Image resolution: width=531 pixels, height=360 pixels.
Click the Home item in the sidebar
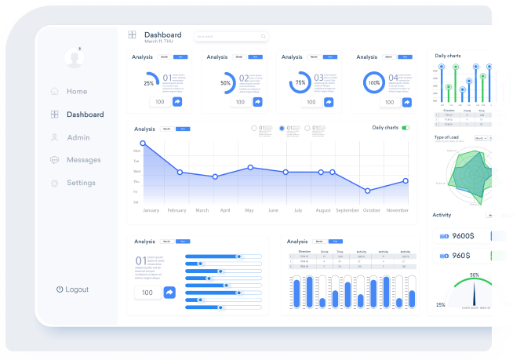click(x=76, y=92)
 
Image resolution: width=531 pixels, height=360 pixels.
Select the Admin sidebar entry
click(x=78, y=137)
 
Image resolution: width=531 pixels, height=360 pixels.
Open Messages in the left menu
click(x=83, y=160)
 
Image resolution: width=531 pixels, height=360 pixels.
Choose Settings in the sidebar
click(x=81, y=183)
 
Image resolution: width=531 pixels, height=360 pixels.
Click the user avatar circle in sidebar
click(x=75, y=57)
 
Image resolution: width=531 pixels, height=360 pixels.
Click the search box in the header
click(x=231, y=36)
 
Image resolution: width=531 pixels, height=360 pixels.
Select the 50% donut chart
click(x=227, y=82)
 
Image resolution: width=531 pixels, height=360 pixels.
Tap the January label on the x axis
click(x=151, y=210)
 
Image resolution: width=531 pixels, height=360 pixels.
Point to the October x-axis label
click(x=372, y=210)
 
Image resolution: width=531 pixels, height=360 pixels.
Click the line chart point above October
click(x=368, y=191)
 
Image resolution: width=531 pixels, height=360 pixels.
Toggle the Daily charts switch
click(x=406, y=128)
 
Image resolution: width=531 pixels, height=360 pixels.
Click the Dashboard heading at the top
click(x=162, y=35)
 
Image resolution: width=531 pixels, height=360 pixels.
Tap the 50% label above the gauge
click(x=475, y=275)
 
